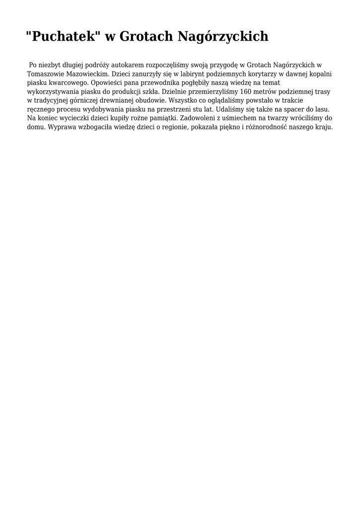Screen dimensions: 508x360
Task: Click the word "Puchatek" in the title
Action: coord(63,36)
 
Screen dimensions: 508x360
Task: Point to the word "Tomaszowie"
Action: coord(44,74)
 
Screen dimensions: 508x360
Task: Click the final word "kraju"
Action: coord(324,127)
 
